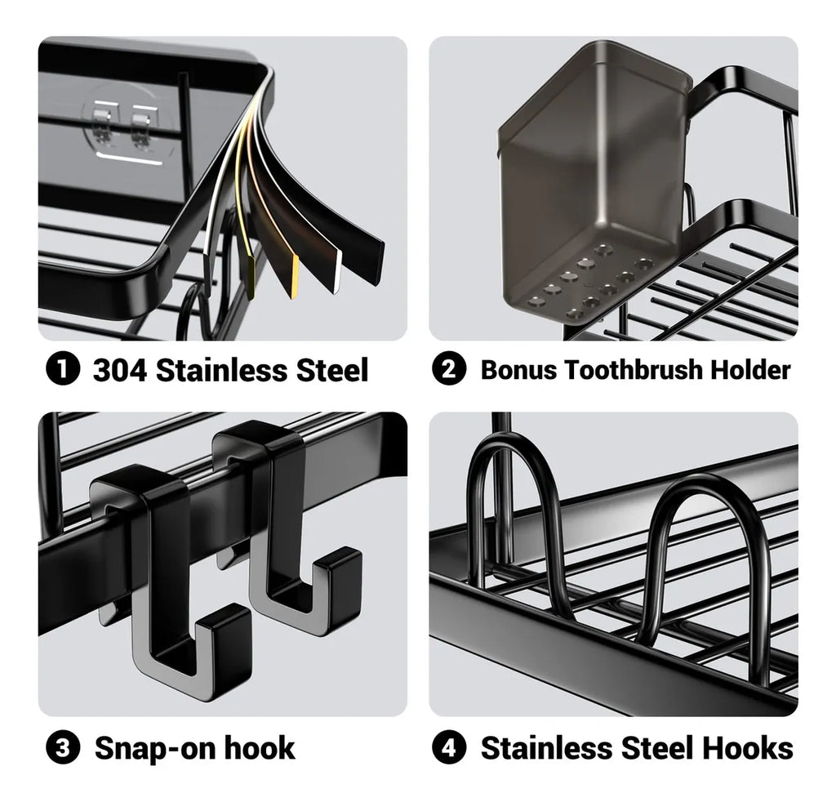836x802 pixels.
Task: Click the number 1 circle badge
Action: tap(63, 369)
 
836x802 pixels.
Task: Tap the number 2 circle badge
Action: tap(449, 369)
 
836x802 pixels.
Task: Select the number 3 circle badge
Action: tap(63, 747)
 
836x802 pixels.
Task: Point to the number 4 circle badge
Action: tap(449, 747)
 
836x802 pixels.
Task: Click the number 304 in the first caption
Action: tap(120, 369)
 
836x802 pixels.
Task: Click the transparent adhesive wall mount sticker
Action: tap(127, 128)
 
